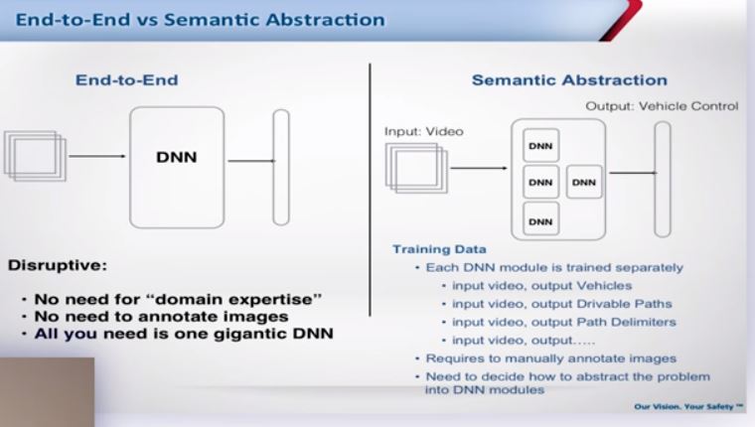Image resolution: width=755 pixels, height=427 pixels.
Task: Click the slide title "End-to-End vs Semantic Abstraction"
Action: point(201,20)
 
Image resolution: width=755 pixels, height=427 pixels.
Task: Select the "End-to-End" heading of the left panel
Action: point(126,79)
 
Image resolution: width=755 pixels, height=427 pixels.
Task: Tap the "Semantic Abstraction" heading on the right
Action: point(569,79)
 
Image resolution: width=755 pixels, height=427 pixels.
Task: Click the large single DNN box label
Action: point(177,158)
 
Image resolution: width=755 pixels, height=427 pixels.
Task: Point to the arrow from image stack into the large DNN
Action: point(96,156)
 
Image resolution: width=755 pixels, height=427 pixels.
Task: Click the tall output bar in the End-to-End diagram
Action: point(281,167)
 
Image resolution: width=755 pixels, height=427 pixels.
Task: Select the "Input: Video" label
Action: point(424,131)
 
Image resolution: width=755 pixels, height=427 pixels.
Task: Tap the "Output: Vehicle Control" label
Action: point(662,106)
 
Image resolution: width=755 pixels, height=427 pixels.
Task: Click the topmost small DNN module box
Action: point(540,145)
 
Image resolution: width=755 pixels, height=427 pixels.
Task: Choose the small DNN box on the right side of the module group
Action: point(584,182)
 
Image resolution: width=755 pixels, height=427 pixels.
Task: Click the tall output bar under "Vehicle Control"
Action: point(663,179)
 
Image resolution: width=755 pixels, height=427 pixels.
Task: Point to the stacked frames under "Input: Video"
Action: point(416,168)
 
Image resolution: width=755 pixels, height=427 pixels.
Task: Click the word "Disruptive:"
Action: point(58,265)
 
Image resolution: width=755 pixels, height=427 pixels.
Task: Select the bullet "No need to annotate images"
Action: point(161,317)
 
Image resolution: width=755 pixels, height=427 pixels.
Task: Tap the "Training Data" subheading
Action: point(439,249)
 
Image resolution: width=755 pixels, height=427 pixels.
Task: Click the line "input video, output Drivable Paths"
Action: point(562,304)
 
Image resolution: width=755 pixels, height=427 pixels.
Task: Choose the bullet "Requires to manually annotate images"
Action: point(550,358)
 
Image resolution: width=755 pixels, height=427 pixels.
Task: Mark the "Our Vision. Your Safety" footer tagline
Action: point(688,407)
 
